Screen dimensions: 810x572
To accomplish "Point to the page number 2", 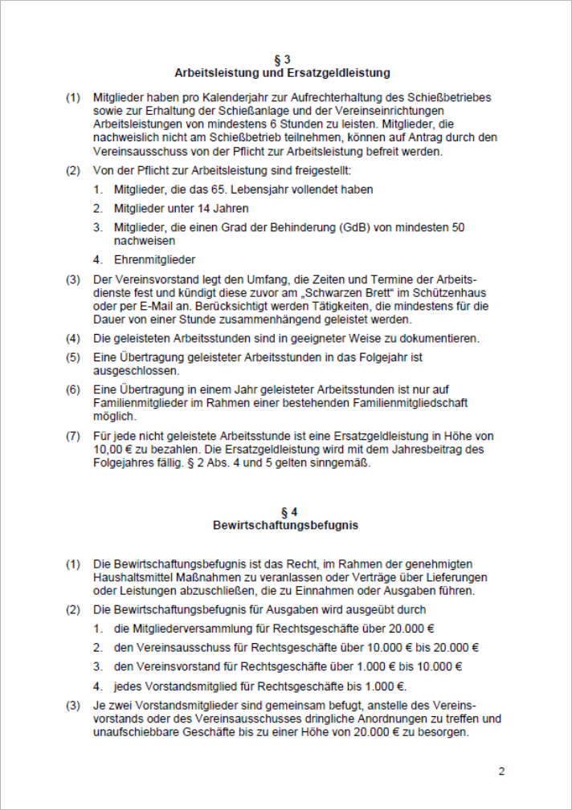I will coord(501,772).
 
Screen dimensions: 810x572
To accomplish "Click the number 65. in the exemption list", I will coord(220,189).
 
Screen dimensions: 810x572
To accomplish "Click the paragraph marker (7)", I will coord(73,436).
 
